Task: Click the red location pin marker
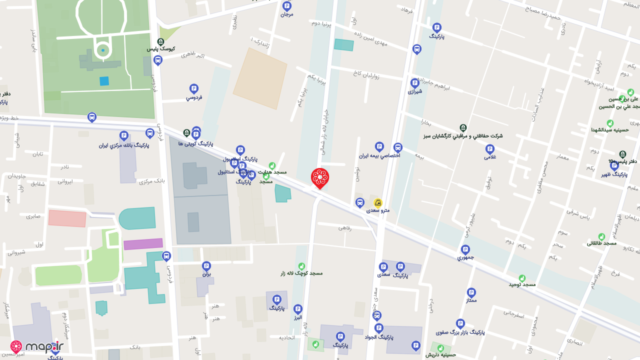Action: (320, 178)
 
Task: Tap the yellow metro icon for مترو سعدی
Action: (378, 203)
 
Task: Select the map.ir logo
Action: (37, 346)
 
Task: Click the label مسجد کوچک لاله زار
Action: (301, 273)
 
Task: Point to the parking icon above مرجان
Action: (286, 6)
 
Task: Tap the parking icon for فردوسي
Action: (194, 88)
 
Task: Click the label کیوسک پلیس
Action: (160, 49)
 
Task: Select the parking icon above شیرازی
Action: (414, 83)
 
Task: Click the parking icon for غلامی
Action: (490, 148)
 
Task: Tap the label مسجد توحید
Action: (522, 284)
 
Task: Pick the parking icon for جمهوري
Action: (465, 249)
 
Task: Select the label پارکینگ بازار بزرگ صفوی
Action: (460, 332)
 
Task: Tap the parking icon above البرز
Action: (298, 309)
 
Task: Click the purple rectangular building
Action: (143, 244)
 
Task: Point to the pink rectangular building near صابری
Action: (67, 218)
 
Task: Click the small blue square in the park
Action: (104, 81)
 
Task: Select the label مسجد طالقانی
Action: (601, 243)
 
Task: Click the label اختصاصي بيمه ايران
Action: (379, 155)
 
